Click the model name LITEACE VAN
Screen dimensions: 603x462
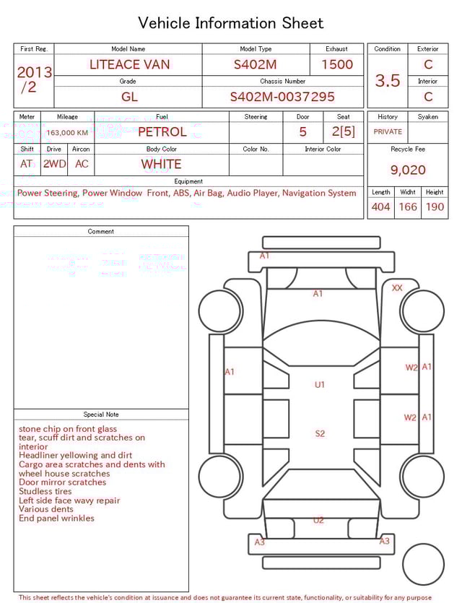tap(129, 64)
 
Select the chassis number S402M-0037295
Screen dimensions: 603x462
tap(282, 97)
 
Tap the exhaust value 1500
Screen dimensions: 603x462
tap(337, 64)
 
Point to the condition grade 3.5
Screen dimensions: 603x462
tap(388, 81)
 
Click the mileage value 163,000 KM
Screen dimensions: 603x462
tap(67, 133)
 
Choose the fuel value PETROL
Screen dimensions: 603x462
tap(162, 131)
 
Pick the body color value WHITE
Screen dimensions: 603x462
tap(161, 164)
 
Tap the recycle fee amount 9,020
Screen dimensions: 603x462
tap(408, 170)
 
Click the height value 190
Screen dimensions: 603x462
tap(435, 207)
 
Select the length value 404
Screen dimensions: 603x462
tap(380, 207)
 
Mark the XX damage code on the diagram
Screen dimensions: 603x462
tap(397, 287)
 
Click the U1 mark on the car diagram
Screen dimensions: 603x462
tap(319, 385)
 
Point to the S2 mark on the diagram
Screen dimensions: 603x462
tap(319, 433)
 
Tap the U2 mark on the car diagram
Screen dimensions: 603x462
tap(318, 520)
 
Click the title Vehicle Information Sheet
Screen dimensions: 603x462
tap(231, 23)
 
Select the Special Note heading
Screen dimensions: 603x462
tap(101, 415)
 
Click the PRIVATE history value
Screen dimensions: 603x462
tap(388, 132)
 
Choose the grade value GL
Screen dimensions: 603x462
tap(128, 97)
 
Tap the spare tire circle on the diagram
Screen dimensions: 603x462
tap(423, 565)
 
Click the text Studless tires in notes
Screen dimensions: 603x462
tap(45, 491)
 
